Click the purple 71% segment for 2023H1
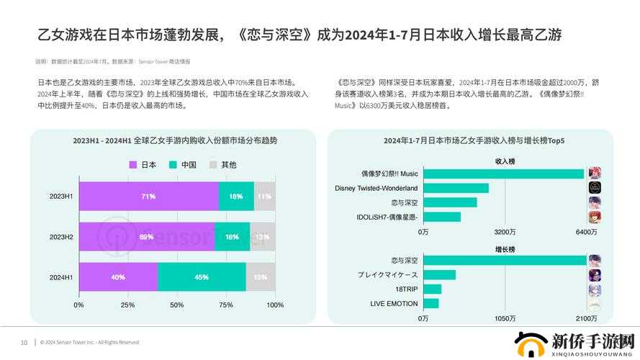(x=148, y=196)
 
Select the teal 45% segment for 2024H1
(x=202, y=277)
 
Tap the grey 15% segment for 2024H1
(x=261, y=277)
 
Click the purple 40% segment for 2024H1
(x=118, y=277)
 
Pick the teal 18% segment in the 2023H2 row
(x=232, y=237)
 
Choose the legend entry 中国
(x=183, y=165)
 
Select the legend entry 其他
(x=222, y=165)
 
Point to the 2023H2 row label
(x=60, y=237)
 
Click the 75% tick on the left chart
(x=225, y=305)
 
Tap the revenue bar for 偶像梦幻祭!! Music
(x=503, y=174)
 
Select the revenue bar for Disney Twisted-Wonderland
(x=456, y=188)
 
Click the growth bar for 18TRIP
(x=432, y=289)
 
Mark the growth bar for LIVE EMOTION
(x=431, y=303)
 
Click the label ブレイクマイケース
(x=387, y=275)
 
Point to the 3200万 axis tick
(x=505, y=232)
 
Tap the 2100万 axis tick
(x=586, y=318)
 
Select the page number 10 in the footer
(x=24, y=342)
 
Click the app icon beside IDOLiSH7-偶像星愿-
(x=595, y=217)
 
